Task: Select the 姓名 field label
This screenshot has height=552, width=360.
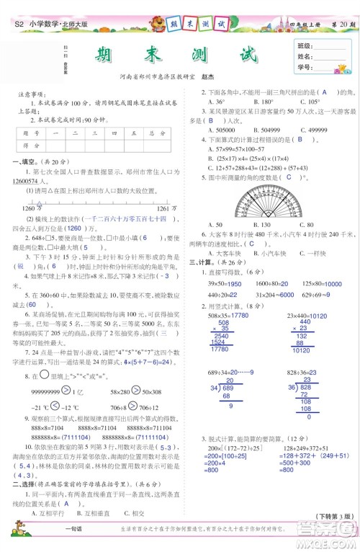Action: tap(304, 55)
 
